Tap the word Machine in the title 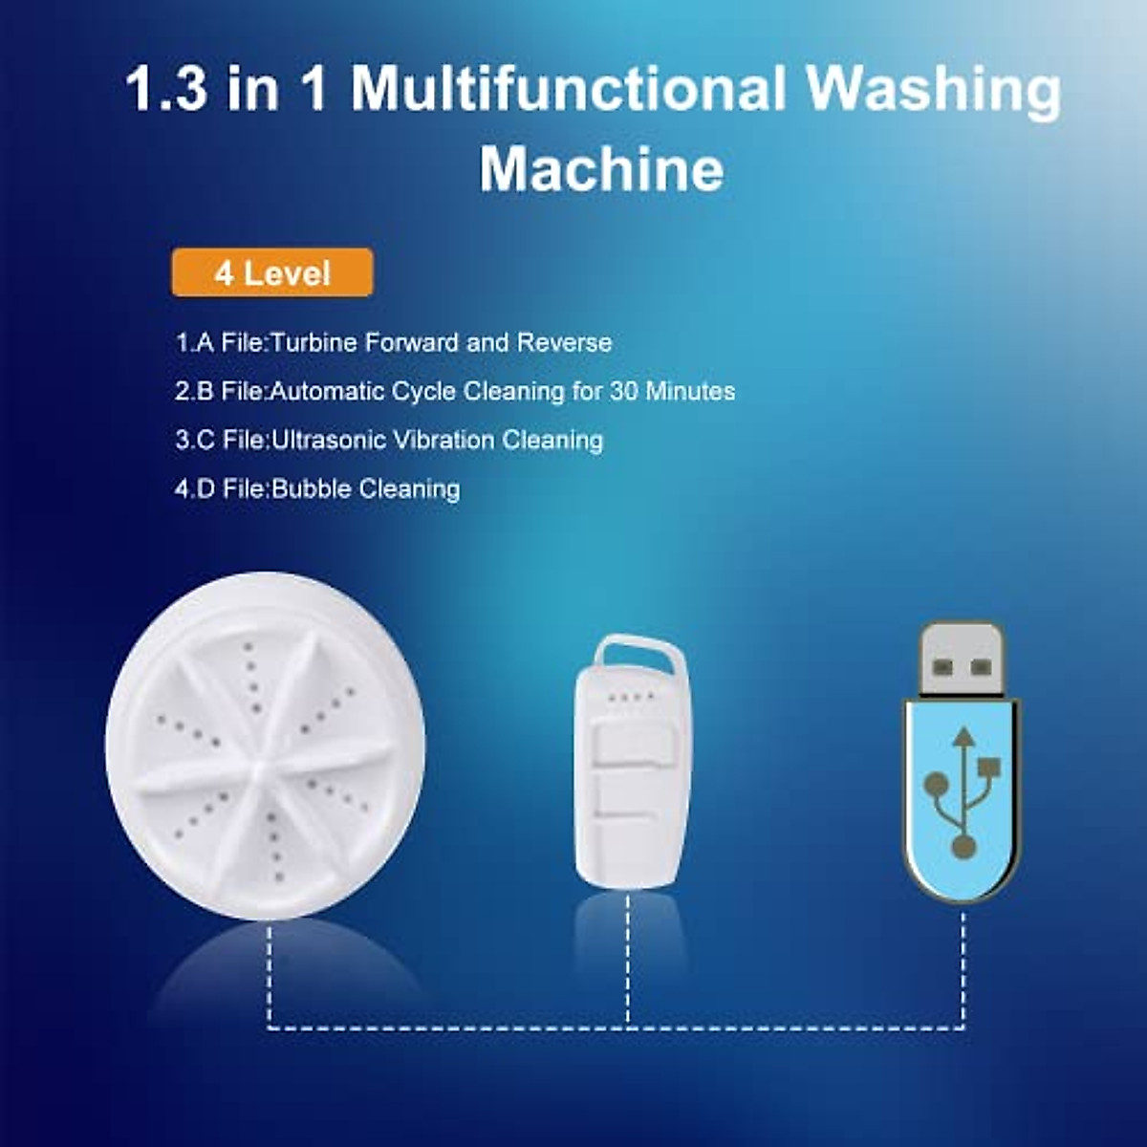coord(601,169)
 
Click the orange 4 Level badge coord(272,273)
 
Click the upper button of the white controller coord(630,746)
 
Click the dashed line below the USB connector coord(963,965)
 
